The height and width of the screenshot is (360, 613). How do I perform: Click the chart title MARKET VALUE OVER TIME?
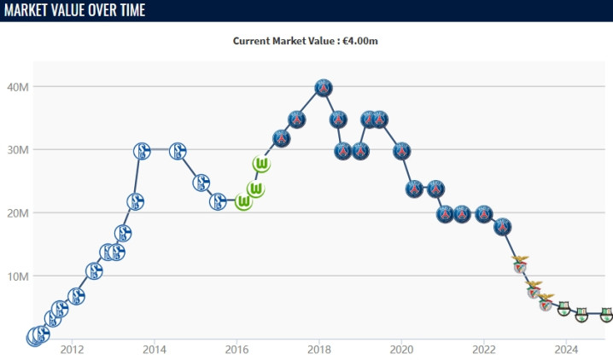74,10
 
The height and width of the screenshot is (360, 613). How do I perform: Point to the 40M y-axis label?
19,86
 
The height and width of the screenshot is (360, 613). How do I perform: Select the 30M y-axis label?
19,149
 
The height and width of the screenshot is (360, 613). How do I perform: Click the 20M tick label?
19,212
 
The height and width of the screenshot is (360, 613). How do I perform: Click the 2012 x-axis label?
72,349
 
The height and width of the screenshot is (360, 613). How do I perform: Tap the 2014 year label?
155,349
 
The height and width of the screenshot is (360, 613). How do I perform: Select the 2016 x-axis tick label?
236,349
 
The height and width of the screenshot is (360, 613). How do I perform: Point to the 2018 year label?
319,349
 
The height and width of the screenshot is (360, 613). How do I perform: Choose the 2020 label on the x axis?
401,349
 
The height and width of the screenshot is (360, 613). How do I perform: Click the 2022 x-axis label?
484,349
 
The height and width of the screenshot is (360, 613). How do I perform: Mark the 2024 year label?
566,349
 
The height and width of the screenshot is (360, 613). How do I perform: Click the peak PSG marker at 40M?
323,87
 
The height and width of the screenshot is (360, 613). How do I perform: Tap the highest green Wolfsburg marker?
262,164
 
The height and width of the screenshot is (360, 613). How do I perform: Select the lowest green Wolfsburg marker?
244,202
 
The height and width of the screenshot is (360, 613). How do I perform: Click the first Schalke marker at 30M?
143,151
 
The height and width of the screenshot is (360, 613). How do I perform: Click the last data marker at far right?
606,314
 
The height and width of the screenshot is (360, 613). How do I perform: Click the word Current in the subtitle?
254,40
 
